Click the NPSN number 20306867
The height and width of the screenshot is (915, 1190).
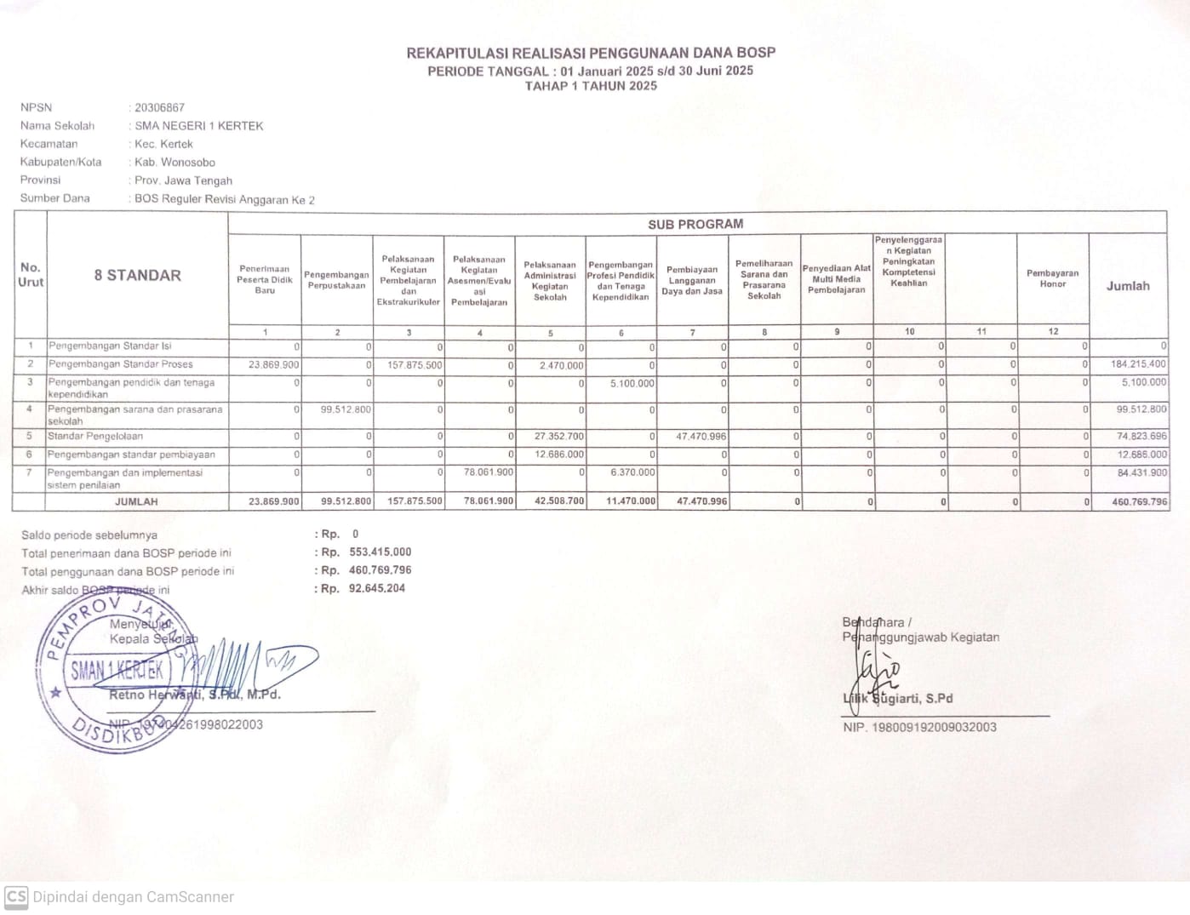tap(159, 108)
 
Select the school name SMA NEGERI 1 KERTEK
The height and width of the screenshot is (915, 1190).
tap(199, 126)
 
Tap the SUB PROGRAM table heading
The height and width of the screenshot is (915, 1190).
tap(695, 224)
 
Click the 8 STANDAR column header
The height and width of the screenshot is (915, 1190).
tap(137, 275)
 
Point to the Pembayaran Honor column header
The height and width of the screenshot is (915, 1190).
tap(1052, 279)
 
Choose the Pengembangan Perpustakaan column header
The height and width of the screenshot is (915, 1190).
tap(336, 280)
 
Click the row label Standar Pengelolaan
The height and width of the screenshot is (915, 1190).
tap(95, 437)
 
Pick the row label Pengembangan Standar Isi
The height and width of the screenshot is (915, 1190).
tap(110, 346)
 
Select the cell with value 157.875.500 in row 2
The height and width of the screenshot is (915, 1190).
tap(415, 364)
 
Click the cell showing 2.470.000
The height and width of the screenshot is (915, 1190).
tap(561, 365)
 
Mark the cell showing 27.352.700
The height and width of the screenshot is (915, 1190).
tap(558, 437)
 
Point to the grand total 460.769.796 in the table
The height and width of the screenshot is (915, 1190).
tap(1139, 502)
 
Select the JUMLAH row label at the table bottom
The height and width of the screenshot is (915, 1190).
tap(136, 502)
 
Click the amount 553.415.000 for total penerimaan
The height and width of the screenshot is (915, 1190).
tap(380, 552)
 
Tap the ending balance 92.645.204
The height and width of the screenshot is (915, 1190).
tap(376, 588)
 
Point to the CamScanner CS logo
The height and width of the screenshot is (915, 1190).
tap(16, 896)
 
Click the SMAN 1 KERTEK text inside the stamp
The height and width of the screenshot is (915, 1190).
tap(117, 671)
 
